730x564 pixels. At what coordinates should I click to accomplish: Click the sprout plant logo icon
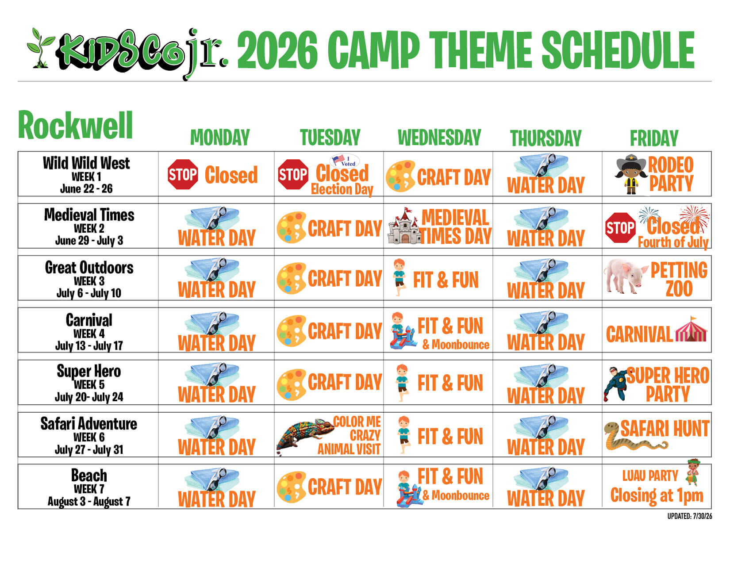point(40,48)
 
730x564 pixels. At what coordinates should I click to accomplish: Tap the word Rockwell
point(75,125)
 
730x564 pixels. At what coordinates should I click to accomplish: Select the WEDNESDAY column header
point(439,138)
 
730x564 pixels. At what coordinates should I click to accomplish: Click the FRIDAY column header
point(654,138)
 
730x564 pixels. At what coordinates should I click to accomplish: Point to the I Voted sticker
point(345,161)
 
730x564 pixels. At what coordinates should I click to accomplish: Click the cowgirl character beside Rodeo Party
point(631,174)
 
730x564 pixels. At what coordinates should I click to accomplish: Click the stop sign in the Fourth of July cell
point(620,228)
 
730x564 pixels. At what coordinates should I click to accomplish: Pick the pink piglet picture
point(626,276)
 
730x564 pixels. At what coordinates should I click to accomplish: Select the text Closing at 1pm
point(657,495)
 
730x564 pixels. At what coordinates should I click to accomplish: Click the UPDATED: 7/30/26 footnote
point(689,516)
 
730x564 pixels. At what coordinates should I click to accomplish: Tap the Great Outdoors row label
point(89,268)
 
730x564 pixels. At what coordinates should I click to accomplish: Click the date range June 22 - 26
point(86,189)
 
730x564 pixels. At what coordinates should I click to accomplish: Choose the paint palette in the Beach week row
point(291,487)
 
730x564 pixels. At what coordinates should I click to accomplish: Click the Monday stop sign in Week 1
point(183,174)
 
